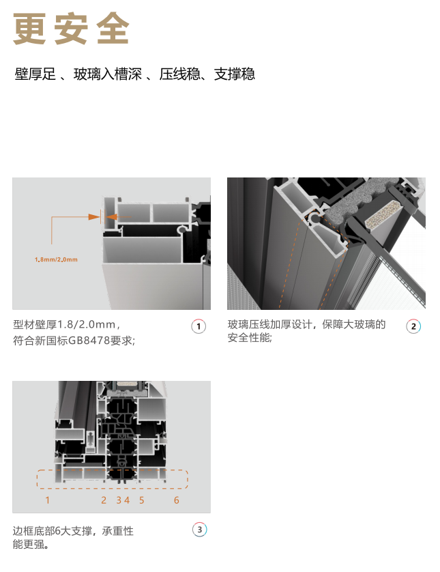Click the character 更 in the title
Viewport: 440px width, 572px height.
coord(29,29)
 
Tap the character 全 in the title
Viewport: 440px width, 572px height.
coord(113,29)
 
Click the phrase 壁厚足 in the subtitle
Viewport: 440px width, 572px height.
coord(35,74)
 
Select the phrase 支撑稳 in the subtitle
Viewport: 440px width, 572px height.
coord(235,74)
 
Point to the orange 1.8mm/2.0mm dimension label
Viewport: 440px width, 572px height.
coord(56,260)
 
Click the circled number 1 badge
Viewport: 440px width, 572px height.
coord(199,326)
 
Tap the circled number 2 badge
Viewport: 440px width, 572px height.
coord(413,326)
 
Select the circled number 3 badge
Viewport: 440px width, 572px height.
coord(199,530)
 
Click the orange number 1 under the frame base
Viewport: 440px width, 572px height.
coord(47,500)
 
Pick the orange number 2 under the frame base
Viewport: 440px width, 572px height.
coord(104,500)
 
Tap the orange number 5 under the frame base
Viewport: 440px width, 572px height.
coord(142,500)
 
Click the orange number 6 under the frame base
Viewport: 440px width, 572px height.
coord(177,500)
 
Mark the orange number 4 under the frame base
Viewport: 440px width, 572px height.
coord(126,500)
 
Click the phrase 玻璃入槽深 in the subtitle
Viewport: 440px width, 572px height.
coord(108,74)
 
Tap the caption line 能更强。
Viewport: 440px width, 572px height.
coord(31,544)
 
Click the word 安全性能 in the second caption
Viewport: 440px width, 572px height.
coord(249,338)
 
